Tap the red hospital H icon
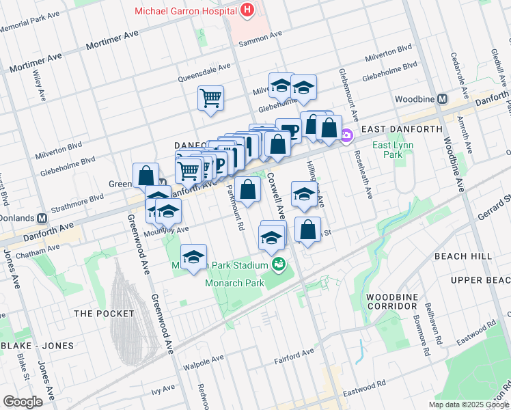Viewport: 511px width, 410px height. (x=247, y=10)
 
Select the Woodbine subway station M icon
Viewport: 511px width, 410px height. (x=442, y=98)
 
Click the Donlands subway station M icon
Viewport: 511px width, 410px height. (x=42, y=218)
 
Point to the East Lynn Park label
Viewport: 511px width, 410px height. (x=388, y=150)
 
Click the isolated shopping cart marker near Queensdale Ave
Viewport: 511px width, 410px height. (x=211, y=98)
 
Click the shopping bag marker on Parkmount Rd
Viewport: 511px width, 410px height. (x=249, y=189)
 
